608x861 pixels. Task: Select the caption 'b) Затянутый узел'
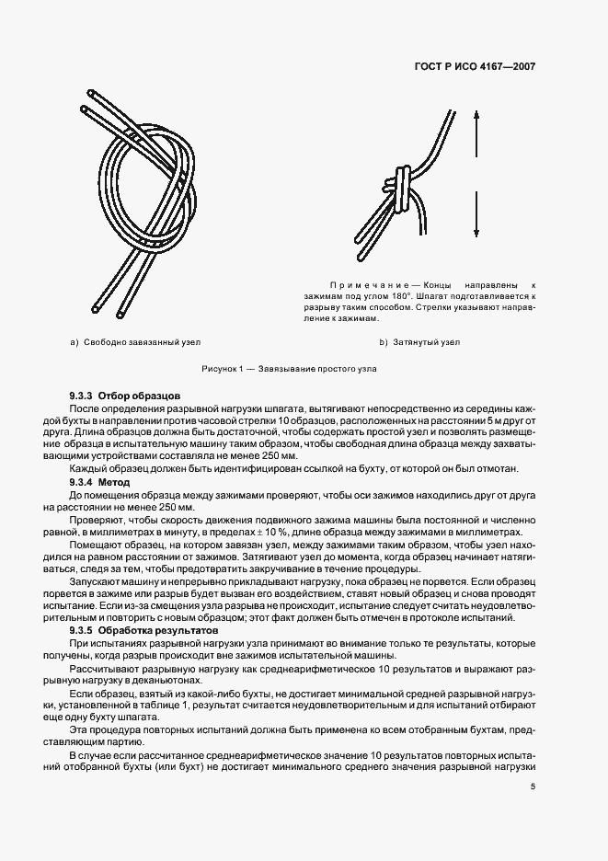tap(419, 342)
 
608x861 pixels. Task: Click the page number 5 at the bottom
tap(533, 786)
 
